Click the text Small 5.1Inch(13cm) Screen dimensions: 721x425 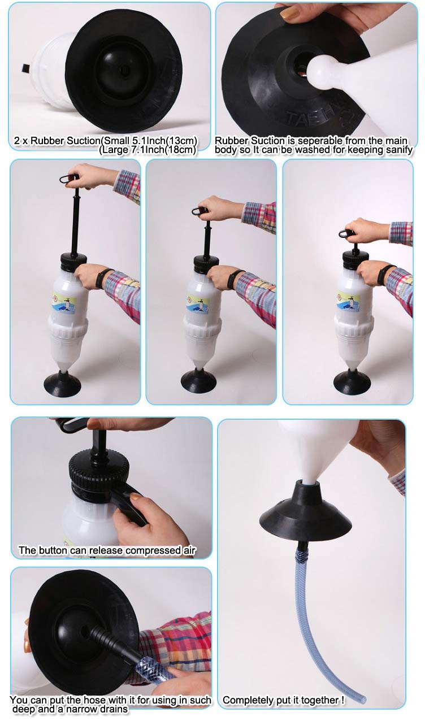tap(157, 141)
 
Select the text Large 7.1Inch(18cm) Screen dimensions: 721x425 tap(148, 150)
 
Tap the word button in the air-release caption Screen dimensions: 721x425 tap(53, 550)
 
